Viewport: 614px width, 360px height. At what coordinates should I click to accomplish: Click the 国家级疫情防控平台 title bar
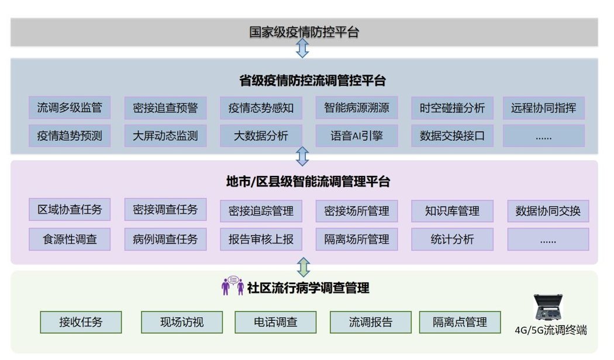(304, 32)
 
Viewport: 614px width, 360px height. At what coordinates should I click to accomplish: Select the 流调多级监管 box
(69, 108)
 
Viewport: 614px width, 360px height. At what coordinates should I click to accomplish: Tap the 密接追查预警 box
(165, 108)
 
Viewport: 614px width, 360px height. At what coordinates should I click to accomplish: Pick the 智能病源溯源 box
(356, 108)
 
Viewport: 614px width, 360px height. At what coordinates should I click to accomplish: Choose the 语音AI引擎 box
(356, 136)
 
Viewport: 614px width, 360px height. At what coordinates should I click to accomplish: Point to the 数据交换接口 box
(452, 136)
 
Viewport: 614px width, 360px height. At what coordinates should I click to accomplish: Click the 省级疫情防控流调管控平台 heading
(304, 80)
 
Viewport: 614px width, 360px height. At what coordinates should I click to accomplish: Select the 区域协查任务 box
(69, 210)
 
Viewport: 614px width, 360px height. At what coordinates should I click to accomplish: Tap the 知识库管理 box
(452, 211)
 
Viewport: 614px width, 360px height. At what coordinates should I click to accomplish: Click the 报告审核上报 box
(261, 240)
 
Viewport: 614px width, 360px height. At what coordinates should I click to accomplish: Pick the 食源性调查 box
(69, 240)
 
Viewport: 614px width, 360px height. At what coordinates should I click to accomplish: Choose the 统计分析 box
(452, 240)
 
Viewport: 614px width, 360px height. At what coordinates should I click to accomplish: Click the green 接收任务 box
(81, 322)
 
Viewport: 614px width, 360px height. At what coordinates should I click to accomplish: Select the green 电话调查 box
(275, 322)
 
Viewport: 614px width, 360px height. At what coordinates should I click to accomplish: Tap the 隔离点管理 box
(460, 322)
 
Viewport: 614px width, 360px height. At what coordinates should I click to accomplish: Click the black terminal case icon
(550, 308)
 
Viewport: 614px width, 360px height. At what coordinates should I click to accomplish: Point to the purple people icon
(232, 286)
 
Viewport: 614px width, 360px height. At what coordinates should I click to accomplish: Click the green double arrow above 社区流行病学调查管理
(303, 267)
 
